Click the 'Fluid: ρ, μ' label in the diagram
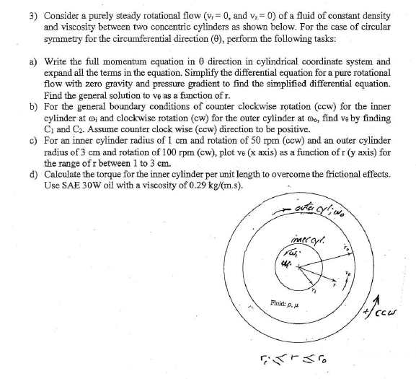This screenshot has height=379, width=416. pos(260,306)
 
